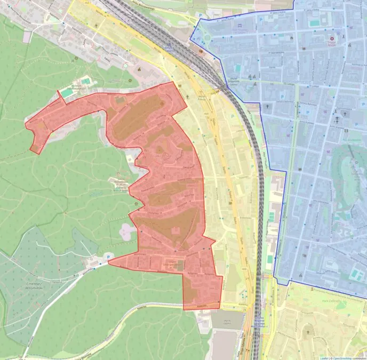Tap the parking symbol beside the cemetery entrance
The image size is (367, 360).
tap(109, 257)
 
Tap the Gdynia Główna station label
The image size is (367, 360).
tap(170, 48)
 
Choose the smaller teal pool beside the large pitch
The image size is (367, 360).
tap(85, 81)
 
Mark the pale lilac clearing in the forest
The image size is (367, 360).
tap(127, 231)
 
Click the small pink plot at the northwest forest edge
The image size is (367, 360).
tap(27, 36)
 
